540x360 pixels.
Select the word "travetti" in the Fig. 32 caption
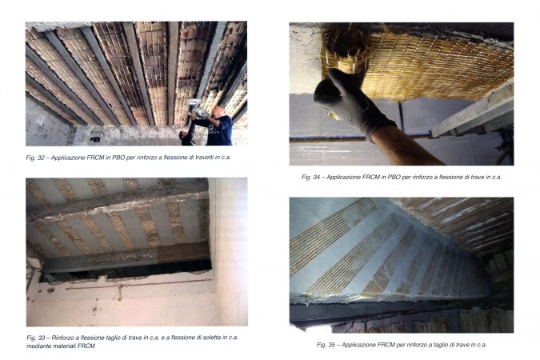click(x=200, y=158)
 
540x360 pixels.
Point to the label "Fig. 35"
click(x=326, y=345)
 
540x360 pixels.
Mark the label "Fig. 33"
click(x=35, y=338)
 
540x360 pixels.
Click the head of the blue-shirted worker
click(x=218, y=112)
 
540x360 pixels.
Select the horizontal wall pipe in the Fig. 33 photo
click(x=138, y=285)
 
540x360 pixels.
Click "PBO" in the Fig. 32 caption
click(x=118, y=158)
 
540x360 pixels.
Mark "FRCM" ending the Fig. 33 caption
click(x=86, y=346)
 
